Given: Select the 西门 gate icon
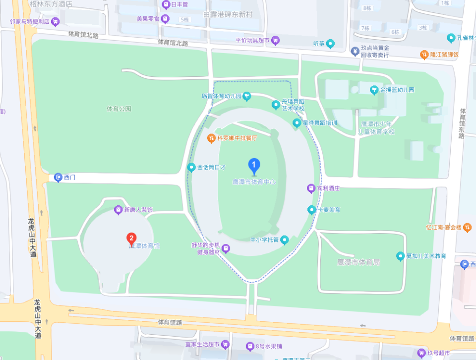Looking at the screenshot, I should coord(58,177).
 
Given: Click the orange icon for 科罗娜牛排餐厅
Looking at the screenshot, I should coord(211,138).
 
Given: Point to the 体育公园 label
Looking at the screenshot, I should coord(119,108).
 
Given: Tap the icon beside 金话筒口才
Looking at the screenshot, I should coord(191,167).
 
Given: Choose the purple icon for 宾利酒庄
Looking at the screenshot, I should coord(311,188).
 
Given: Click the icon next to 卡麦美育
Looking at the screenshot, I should coord(311,210).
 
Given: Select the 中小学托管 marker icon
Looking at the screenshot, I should coord(285,240).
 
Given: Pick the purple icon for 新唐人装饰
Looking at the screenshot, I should coord(119,210).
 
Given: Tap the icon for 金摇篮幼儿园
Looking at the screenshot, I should coord(374,90).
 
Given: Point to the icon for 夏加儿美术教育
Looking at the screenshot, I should coord(401,256).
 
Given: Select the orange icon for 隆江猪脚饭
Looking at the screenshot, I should coord(424,54).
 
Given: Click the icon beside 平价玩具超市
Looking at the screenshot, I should coord(276,40).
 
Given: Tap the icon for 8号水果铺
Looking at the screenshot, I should coord(250,346).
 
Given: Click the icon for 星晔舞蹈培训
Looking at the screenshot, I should coord(297,122).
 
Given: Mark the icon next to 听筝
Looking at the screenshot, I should coord(330,44).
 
